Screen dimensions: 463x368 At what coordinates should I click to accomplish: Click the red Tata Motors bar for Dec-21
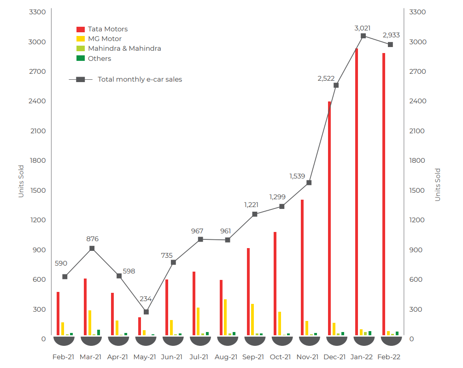[329, 219]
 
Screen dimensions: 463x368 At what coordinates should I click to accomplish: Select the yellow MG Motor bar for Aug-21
[225, 317]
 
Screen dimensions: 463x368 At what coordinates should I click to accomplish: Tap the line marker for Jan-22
[363, 36]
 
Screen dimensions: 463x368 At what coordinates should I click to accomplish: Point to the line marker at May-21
[146, 312]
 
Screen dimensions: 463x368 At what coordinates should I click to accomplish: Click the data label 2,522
[326, 78]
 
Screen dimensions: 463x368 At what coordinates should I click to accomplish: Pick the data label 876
[93, 239]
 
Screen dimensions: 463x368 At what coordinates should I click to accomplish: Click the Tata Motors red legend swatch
[81, 29]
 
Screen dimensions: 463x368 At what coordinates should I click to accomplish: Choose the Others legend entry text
[100, 59]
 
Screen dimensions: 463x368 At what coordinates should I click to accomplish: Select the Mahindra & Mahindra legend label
[124, 48]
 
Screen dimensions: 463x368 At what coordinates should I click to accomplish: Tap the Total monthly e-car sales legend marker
[80, 79]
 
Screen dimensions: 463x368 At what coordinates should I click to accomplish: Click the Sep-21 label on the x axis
[253, 357]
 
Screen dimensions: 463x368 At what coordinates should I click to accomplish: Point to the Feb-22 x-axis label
[389, 357]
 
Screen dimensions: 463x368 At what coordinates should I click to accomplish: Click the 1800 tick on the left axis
[38, 160]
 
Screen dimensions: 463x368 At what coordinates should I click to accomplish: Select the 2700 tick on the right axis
[417, 71]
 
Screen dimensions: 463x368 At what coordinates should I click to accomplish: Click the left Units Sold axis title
[21, 181]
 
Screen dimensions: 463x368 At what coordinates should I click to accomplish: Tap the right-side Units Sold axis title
[438, 185]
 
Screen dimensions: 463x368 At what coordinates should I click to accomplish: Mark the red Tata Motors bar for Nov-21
[302, 267]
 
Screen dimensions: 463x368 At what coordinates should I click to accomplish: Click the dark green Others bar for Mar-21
[99, 332]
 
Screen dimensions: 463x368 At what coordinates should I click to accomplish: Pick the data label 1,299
[277, 197]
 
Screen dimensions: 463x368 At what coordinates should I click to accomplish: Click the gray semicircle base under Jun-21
[173, 340]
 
